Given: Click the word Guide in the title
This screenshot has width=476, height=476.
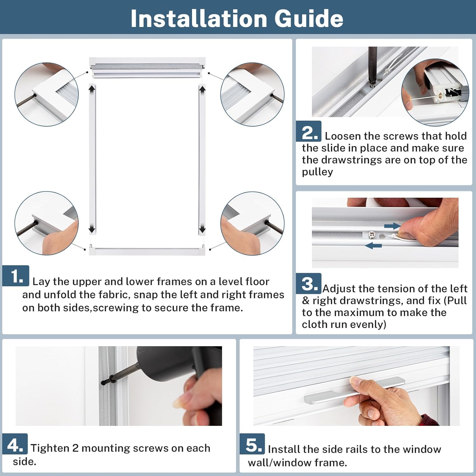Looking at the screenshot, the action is (x=309, y=18).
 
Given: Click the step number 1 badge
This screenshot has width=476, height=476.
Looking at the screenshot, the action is (x=16, y=276).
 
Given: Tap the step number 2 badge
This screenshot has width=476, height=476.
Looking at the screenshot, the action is (x=308, y=131).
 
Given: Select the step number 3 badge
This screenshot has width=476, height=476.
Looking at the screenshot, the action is (x=308, y=283).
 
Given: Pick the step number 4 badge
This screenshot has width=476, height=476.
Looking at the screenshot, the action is (x=15, y=444).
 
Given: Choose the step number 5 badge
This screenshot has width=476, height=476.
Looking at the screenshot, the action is (x=252, y=444).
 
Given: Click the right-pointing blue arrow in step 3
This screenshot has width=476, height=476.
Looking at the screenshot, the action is (x=392, y=226).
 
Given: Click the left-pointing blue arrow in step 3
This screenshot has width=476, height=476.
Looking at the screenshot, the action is (x=373, y=245).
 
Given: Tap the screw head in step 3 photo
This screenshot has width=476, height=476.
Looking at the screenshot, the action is (x=372, y=235).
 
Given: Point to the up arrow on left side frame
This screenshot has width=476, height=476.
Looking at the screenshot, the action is (x=92, y=89).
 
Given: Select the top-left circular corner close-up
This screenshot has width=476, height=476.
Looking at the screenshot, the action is (x=46, y=94).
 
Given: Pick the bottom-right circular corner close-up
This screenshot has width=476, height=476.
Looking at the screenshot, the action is (x=252, y=223).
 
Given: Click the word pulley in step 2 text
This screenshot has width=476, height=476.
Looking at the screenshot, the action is (x=317, y=172).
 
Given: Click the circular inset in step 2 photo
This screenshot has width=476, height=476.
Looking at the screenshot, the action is (x=435, y=92).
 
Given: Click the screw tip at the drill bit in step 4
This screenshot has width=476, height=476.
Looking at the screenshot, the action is (x=103, y=383).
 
